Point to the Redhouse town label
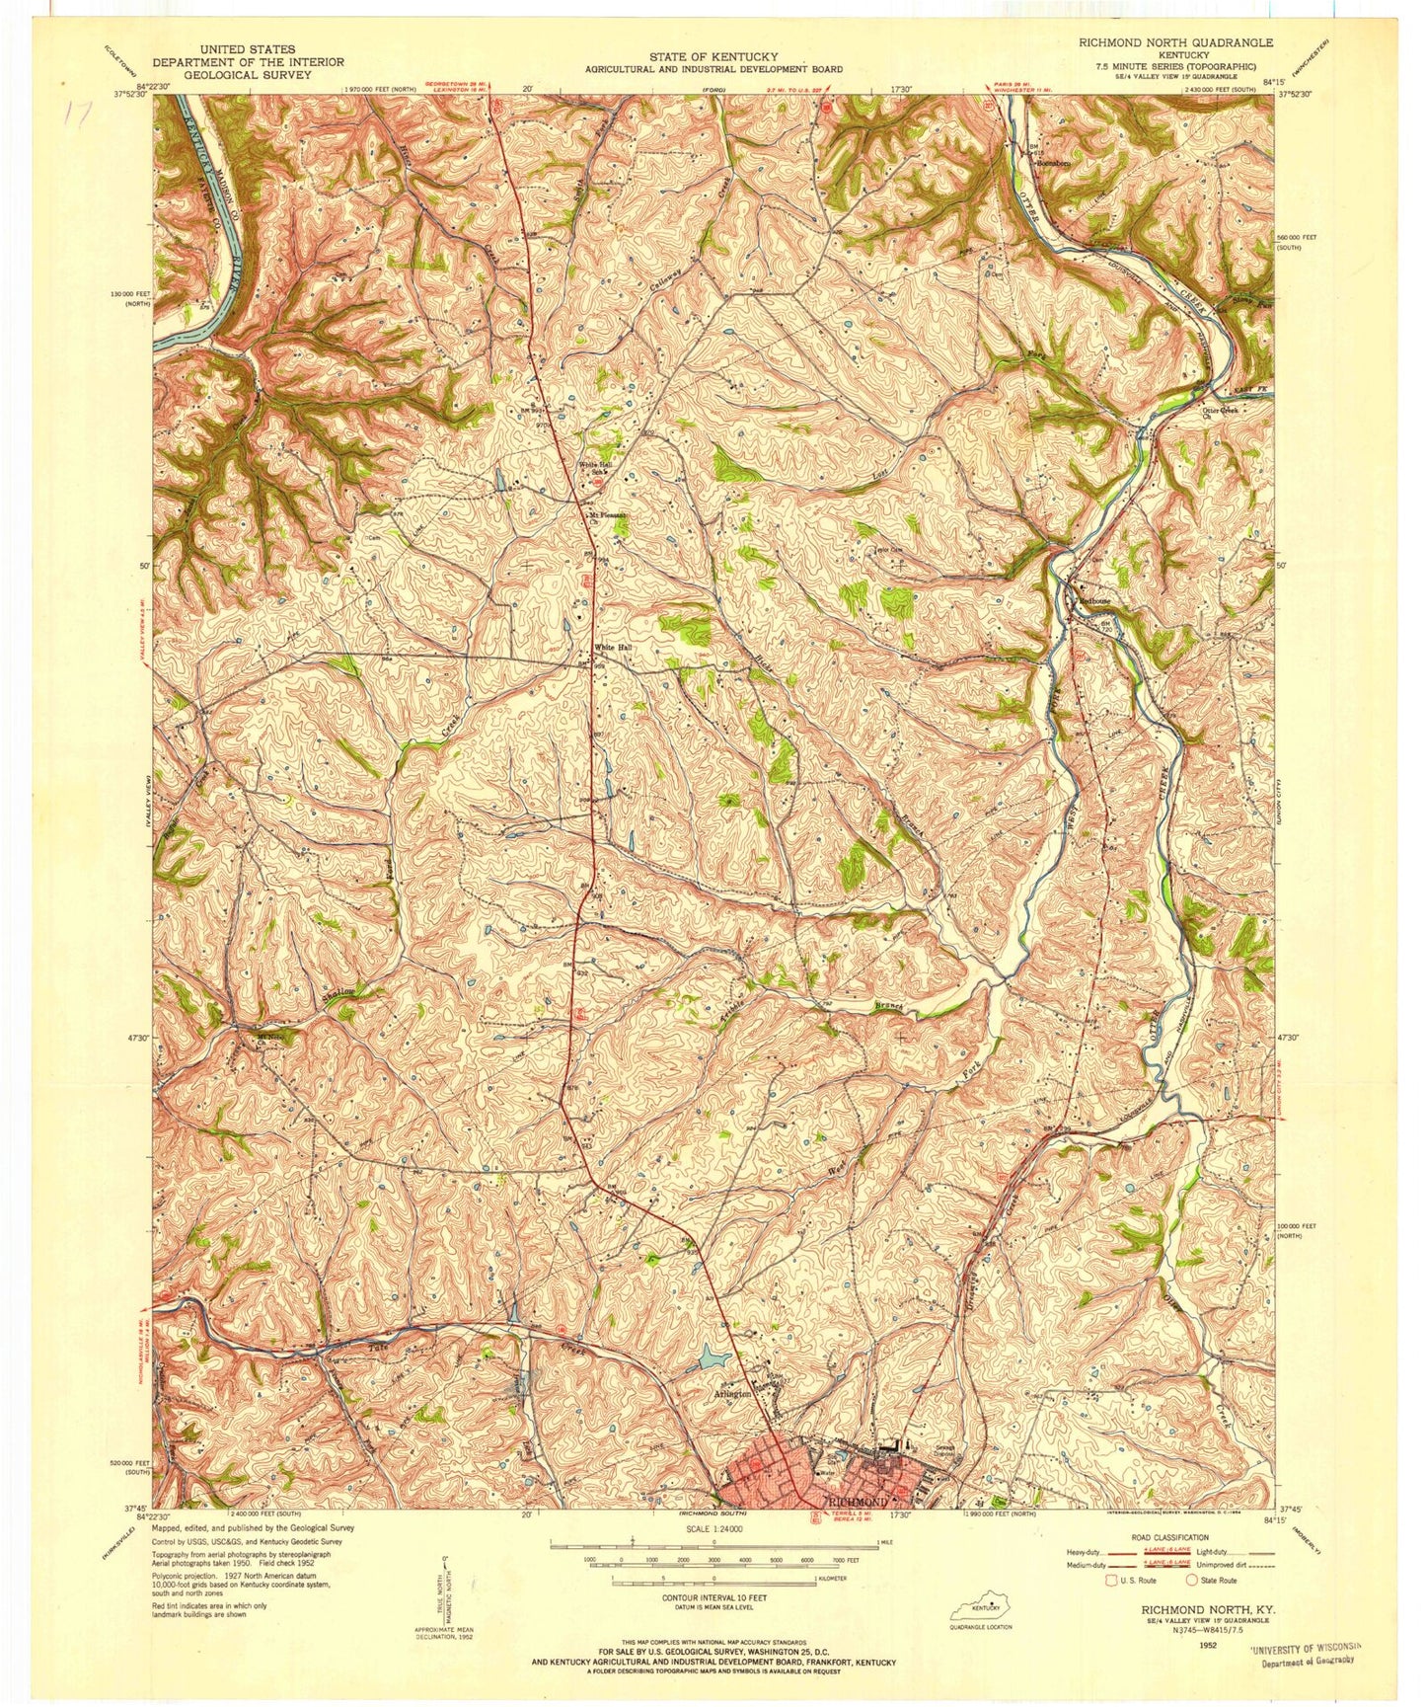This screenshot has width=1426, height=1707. tap(1091, 600)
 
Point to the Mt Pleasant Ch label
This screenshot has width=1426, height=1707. tap(607, 515)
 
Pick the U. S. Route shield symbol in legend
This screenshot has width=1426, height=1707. tap(1111, 1580)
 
